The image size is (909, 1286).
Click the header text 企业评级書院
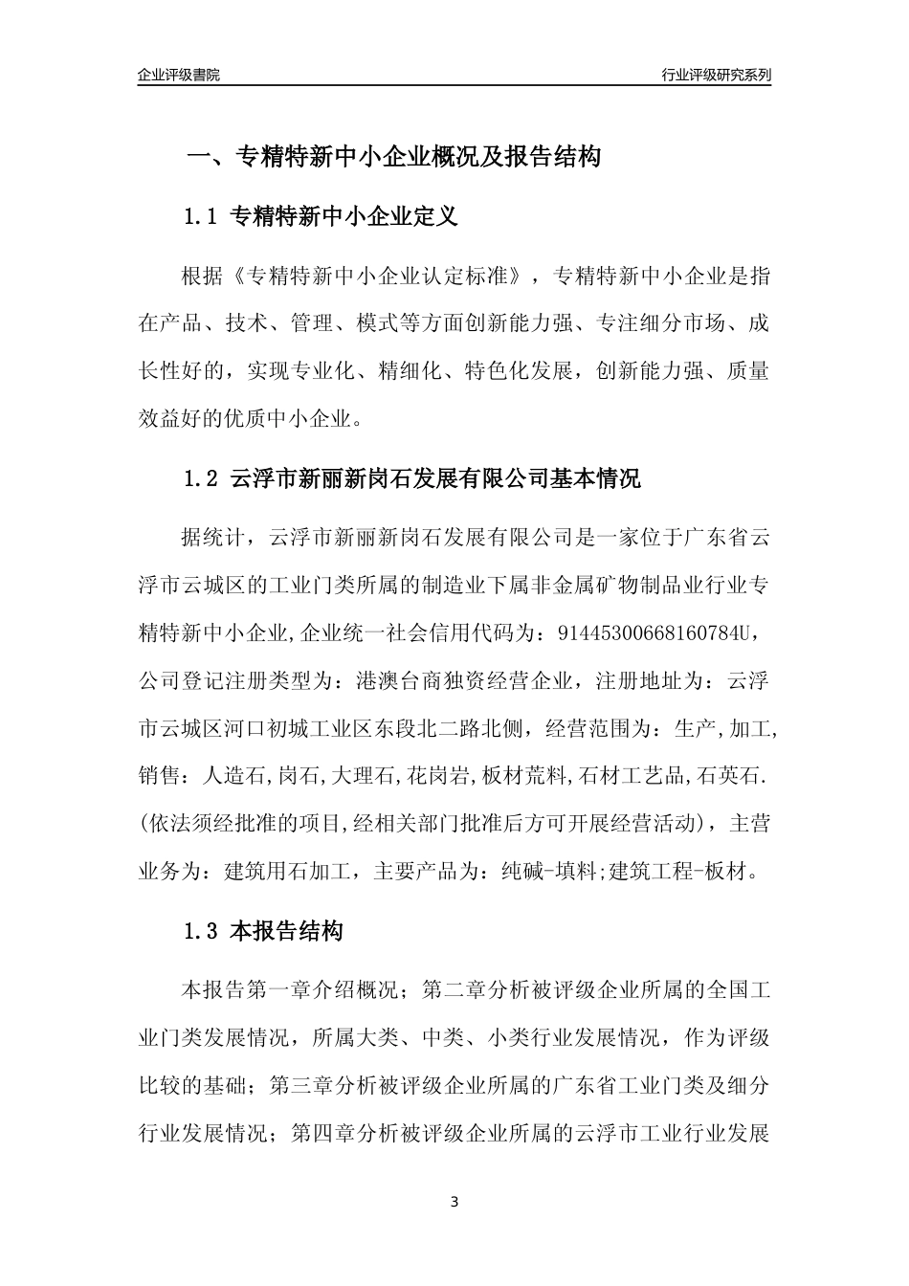(x=179, y=75)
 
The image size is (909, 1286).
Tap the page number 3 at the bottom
(x=454, y=1201)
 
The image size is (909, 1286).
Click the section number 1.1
(x=202, y=217)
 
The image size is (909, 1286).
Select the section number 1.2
(x=202, y=478)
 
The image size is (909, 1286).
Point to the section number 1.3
(x=202, y=930)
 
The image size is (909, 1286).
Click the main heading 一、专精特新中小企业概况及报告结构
(x=393, y=157)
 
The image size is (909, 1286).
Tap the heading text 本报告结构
(x=287, y=930)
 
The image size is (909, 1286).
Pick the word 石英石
(x=731, y=777)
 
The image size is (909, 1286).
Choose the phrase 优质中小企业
(x=293, y=418)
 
